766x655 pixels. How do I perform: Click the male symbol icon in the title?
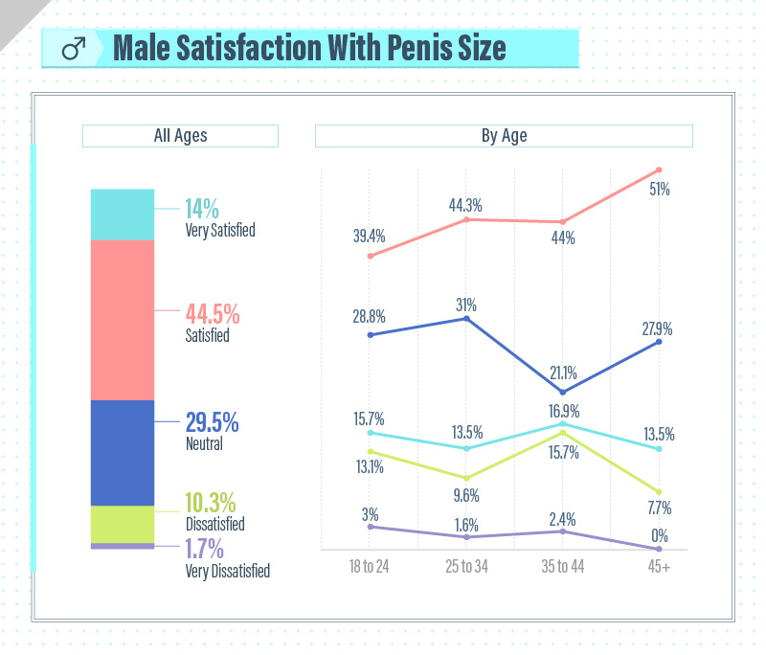75,48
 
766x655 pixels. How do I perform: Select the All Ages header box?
180,136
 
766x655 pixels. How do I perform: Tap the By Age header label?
504,136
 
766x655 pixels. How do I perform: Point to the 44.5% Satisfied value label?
212,314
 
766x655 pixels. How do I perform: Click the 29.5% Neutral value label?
212,422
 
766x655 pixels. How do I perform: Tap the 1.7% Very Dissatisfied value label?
204,550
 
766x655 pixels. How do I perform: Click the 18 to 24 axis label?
370,566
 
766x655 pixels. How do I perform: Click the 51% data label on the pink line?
659,190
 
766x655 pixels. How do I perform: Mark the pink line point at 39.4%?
370,256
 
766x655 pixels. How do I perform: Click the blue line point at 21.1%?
563,392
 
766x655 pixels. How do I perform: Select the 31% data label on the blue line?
466,305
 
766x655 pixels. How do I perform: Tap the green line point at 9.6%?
466,478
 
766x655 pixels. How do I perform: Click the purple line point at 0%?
659,549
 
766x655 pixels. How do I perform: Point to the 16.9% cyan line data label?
563,411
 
